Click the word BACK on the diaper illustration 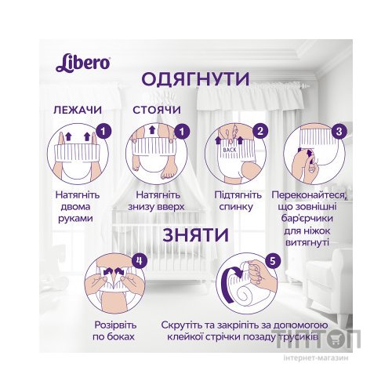(x=229, y=147)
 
